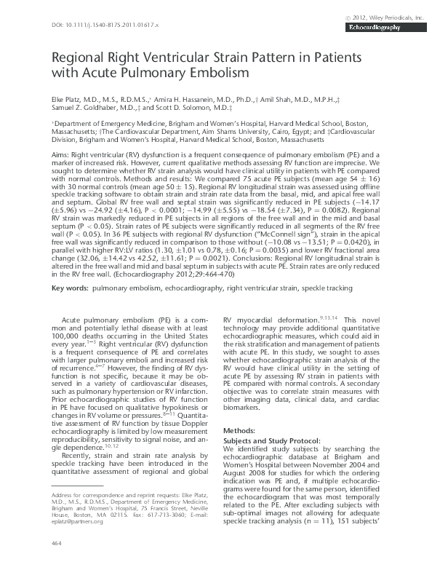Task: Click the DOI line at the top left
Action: coord(103,25)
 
